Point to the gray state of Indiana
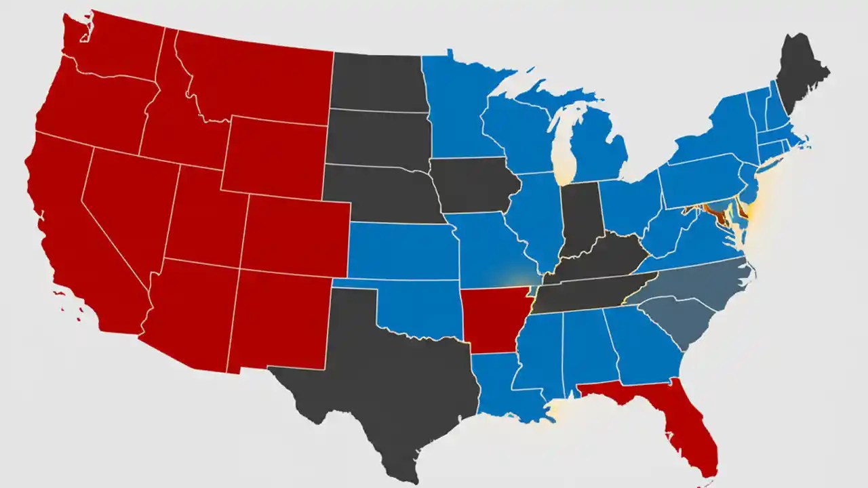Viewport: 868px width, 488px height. click(x=580, y=217)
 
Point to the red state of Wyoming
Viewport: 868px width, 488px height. click(x=275, y=156)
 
